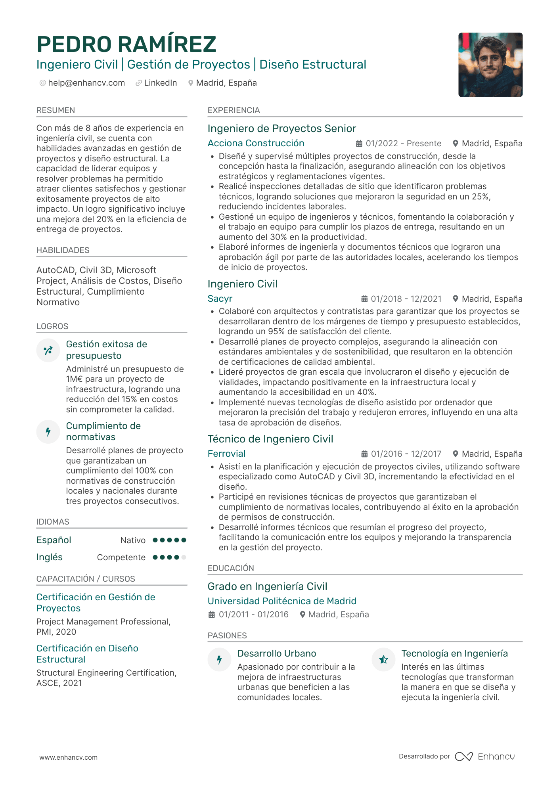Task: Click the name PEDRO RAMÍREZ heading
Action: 126,44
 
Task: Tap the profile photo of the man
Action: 490,65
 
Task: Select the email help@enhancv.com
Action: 86,83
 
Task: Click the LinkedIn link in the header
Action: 160,83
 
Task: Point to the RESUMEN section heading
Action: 56,110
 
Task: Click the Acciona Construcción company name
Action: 256,143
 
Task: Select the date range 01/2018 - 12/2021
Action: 406,299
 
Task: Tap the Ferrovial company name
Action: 226,454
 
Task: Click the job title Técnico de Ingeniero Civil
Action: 270,439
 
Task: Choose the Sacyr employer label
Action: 220,299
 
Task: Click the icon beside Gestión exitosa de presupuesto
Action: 48,350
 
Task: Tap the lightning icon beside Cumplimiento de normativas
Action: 48,431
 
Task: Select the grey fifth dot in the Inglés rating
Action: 184,557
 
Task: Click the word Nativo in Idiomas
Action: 133,540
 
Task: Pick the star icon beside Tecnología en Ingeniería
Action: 383,660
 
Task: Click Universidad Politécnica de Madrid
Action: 282,601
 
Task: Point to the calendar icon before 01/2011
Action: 212,615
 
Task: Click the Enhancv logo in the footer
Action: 484,757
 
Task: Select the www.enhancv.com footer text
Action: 68,757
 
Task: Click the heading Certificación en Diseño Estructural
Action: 87,654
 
